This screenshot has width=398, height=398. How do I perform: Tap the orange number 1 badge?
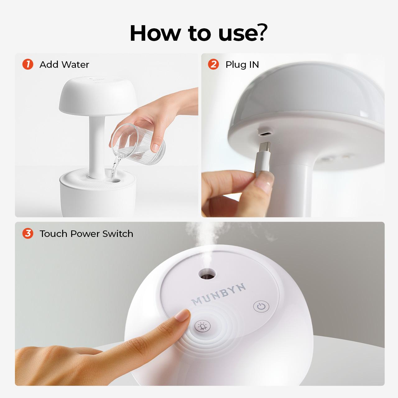tap(28, 64)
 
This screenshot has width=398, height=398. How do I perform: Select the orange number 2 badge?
tap(214, 64)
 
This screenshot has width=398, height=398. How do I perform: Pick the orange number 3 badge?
tap(28, 234)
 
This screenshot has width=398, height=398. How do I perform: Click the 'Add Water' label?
tap(64, 65)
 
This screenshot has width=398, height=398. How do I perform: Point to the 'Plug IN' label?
tap(242, 65)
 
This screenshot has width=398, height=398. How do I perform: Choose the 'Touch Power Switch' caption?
tap(86, 234)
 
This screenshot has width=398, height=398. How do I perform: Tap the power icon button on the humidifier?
tap(261, 307)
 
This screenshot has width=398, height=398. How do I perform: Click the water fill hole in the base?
tap(114, 180)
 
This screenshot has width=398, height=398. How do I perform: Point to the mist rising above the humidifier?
tap(205, 236)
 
